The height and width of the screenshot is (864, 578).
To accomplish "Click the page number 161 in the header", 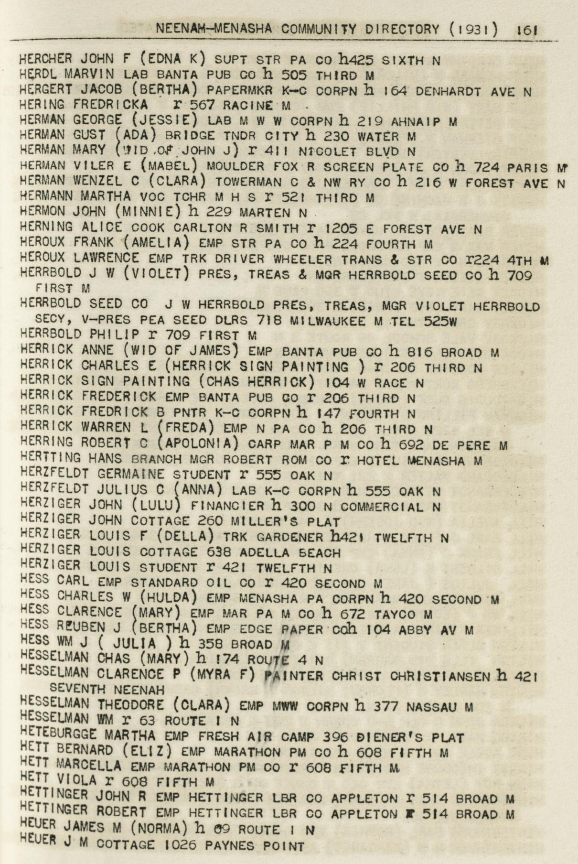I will (x=527, y=30).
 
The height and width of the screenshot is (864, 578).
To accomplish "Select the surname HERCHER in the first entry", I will (x=46, y=59).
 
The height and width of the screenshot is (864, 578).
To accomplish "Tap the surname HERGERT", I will (x=46, y=89).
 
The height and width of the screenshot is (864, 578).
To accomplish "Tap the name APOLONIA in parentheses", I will (x=200, y=444).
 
